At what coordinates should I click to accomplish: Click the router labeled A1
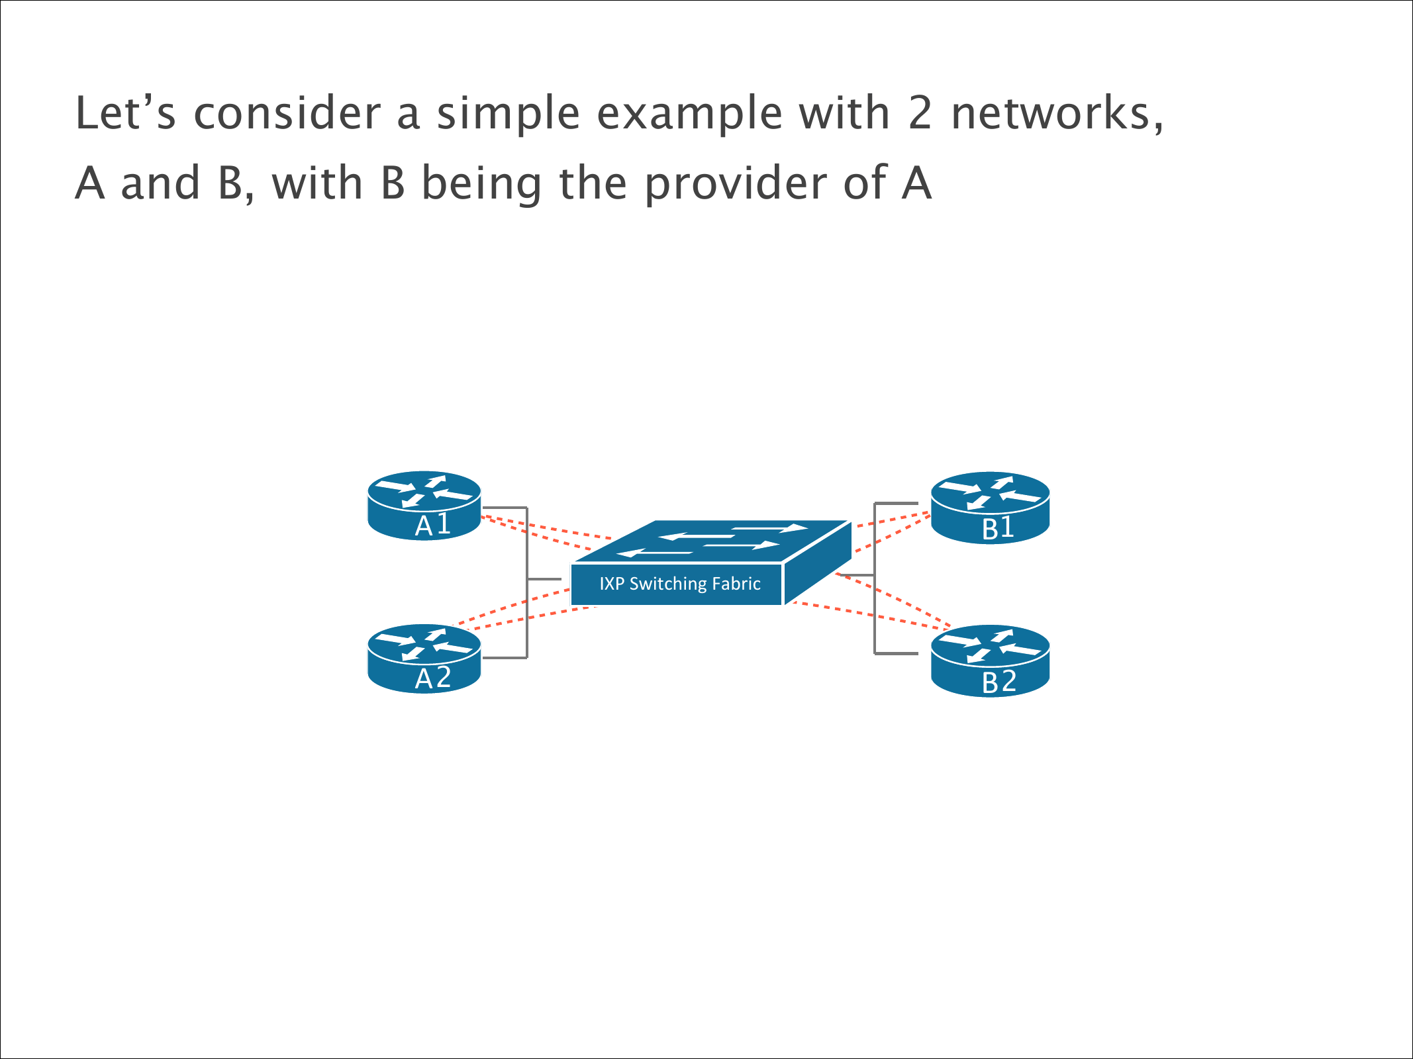(424, 505)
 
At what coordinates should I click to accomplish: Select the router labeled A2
(424, 659)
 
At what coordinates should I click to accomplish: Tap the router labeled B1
(990, 508)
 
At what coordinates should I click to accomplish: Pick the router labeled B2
(990, 661)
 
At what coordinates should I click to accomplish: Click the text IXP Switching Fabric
(679, 584)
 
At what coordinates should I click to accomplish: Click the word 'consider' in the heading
(287, 113)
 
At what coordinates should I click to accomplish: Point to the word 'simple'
(508, 113)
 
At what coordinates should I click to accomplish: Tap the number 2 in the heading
(920, 113)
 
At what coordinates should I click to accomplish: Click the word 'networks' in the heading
(1051, 113)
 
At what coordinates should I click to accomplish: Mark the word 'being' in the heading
(481, 183)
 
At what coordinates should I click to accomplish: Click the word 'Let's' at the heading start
(125, 113)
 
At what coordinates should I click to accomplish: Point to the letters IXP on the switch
(612, 584)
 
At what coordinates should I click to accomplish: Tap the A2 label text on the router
(433, 678)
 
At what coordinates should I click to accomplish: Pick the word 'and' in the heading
(160, 183)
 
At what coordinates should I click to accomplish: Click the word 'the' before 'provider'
(593, 183)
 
